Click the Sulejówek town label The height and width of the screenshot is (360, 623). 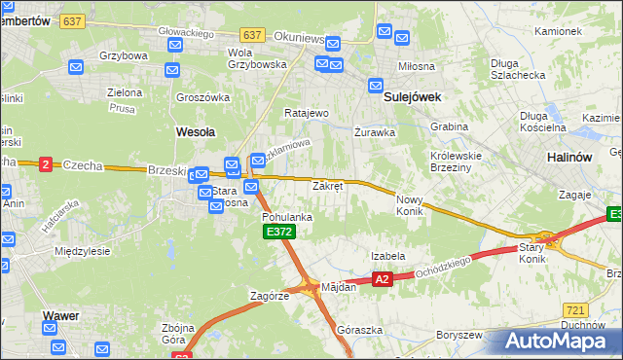pyautogui.click(x=413, y=97)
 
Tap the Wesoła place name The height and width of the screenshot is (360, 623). pyautogui.click(x=195, y=130)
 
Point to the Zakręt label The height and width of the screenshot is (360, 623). pyautogui.click(x=327, y=185)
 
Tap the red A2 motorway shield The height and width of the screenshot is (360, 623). pyautogui.click(x=382, y=279)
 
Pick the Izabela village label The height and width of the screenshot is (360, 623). pyautogui.click(x=387, y=256)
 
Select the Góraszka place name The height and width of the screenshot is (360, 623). pyautogui.click(x=359, y=330)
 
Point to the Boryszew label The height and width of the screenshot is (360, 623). pyautogui.click(x=459, y=335)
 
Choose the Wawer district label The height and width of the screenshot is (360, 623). pyautogui.click(x=60, y=315)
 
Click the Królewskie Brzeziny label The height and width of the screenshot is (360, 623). pyautogui.click(x=458, y=161)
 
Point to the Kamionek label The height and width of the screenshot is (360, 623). pyautogui.click(x=558, y=31)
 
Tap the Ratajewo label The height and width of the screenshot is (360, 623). pyautogui.click(x=306, y=113)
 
